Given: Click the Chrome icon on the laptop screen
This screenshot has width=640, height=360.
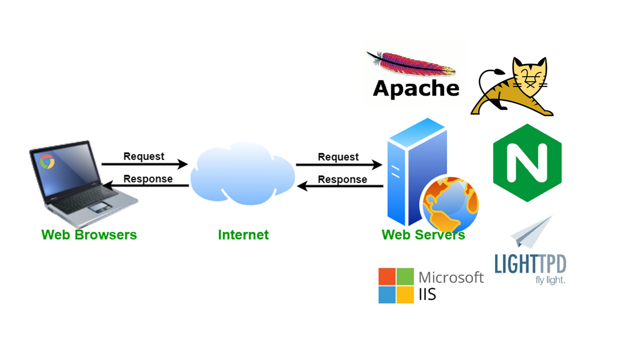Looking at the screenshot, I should pos(47,161).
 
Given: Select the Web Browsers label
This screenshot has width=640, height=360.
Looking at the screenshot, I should pos(89,234).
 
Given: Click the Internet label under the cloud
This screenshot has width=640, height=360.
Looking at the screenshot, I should pos(243,234).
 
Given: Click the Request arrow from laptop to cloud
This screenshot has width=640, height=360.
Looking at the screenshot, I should pos(144,164).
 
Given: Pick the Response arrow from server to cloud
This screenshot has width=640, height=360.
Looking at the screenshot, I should pos(340,186).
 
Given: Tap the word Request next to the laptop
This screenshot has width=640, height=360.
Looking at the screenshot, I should pos(144,156).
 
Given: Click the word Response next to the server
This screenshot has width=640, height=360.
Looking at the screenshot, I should pos(342,179).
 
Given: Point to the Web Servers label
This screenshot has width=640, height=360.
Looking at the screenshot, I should pos(423,234).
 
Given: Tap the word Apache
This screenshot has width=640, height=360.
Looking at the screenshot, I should pos(416,88).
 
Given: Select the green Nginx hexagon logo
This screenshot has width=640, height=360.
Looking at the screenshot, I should pos(527,163).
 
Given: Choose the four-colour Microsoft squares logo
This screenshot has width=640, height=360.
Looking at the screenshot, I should pos(396,285).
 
